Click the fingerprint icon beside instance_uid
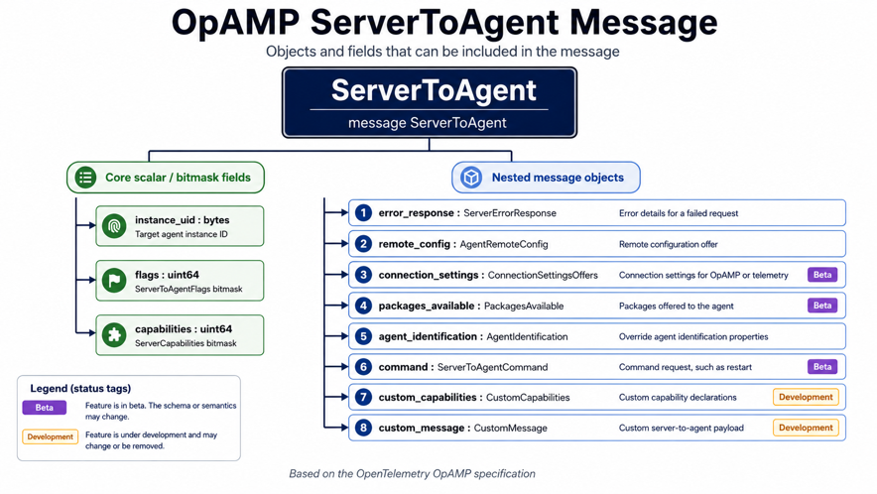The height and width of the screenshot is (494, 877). point(114,226)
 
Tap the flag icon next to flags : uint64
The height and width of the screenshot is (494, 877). point(114,281)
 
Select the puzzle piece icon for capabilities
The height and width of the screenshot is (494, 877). point(114,334)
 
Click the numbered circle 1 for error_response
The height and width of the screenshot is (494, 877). point(363,212)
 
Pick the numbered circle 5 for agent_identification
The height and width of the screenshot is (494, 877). point(363,336)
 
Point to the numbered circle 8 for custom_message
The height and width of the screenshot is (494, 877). point(363,428)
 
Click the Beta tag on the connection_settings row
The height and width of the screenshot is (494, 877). point(822,275)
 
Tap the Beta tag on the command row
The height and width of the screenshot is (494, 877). point(822,367)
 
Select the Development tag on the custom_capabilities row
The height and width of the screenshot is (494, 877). point(806,397)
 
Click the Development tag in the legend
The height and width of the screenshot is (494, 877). point(51,436)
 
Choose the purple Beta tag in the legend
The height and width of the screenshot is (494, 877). point(45,408)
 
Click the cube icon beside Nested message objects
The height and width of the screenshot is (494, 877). point(471,178)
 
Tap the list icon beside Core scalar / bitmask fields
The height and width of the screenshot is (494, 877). point(85,178)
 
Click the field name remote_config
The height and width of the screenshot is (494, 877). point(415,244)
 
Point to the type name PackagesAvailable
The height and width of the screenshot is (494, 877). point(524,307)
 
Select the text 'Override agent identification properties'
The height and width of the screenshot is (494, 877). point(693,337)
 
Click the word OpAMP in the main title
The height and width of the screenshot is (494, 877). point(235,23)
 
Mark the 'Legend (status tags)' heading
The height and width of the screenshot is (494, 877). point(80,388)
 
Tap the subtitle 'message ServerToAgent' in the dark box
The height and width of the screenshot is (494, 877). point(428,123)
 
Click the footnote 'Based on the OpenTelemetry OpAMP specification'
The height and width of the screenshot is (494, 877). point(413,474)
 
